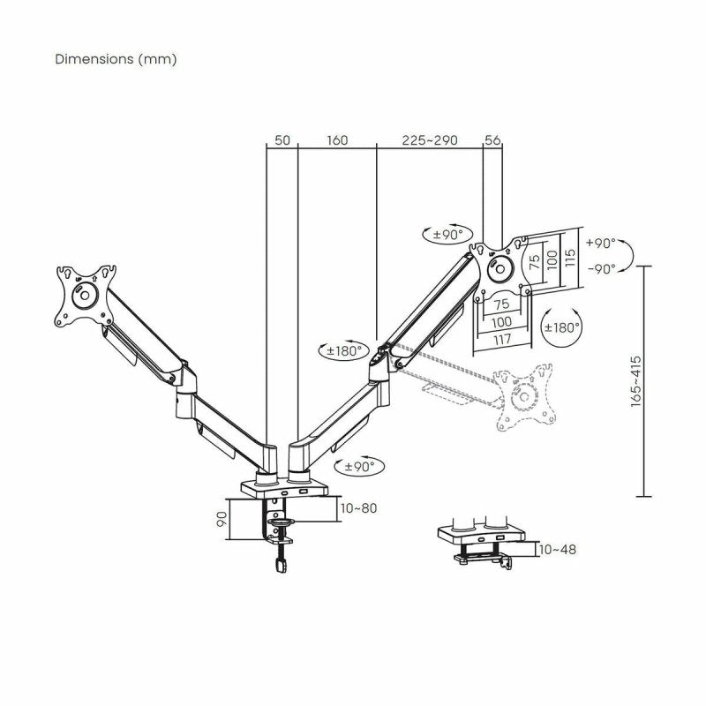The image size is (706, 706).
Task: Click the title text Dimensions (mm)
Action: click(116, 59)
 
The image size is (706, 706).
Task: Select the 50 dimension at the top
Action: click(282, 140)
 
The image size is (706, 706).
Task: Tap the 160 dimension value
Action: click(337, 140)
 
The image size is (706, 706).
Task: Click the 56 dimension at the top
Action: click(492, 140)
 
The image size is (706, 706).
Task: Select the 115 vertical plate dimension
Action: click(571, 258)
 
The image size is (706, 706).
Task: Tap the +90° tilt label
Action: click(600, 244)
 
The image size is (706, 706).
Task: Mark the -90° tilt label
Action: click(600, 269)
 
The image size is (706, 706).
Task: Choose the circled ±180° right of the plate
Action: click(560, 327)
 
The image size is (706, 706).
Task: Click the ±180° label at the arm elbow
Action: click(342, 350)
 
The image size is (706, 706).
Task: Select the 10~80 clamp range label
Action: click(358, 507)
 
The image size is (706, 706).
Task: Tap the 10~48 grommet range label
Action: click(557, 549)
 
